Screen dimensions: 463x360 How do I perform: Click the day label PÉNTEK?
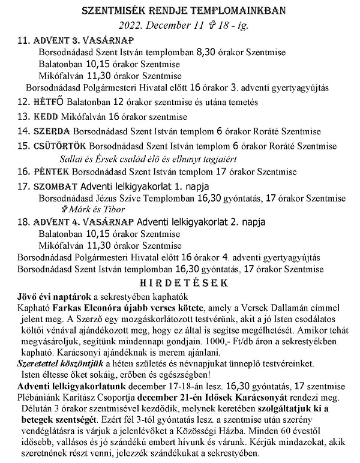(50, 172)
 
